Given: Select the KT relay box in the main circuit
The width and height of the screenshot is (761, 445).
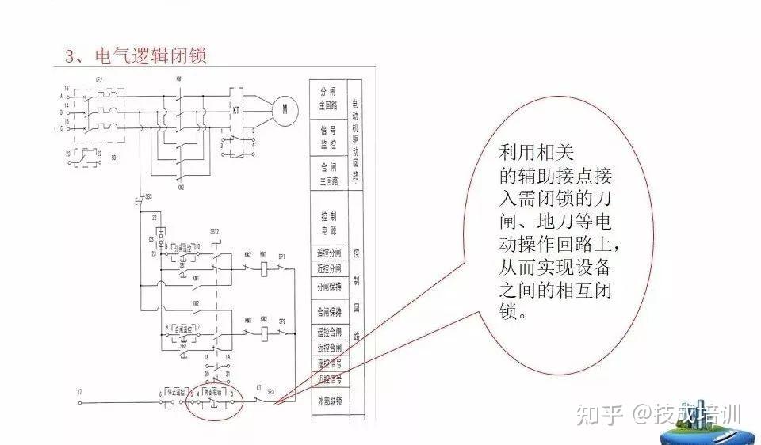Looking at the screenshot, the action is click(x=235, y=108).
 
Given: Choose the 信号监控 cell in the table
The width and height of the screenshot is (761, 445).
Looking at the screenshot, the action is click(x=329, y=138).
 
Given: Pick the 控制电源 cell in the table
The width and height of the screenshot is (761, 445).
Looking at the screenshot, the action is click(x=329, y=219).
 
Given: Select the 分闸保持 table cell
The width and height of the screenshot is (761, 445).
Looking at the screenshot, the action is click(x=329, y=287).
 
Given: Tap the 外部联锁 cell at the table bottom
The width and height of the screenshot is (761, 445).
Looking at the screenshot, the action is click(x=329, y=401).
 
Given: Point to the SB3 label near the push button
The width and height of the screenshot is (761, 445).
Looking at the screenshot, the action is click(x=147, y=195).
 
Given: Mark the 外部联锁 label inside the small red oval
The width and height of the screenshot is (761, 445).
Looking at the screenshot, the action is click(x=215, y=392).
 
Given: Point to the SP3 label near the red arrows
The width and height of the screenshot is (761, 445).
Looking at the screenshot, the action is click(x=271, y=391).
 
